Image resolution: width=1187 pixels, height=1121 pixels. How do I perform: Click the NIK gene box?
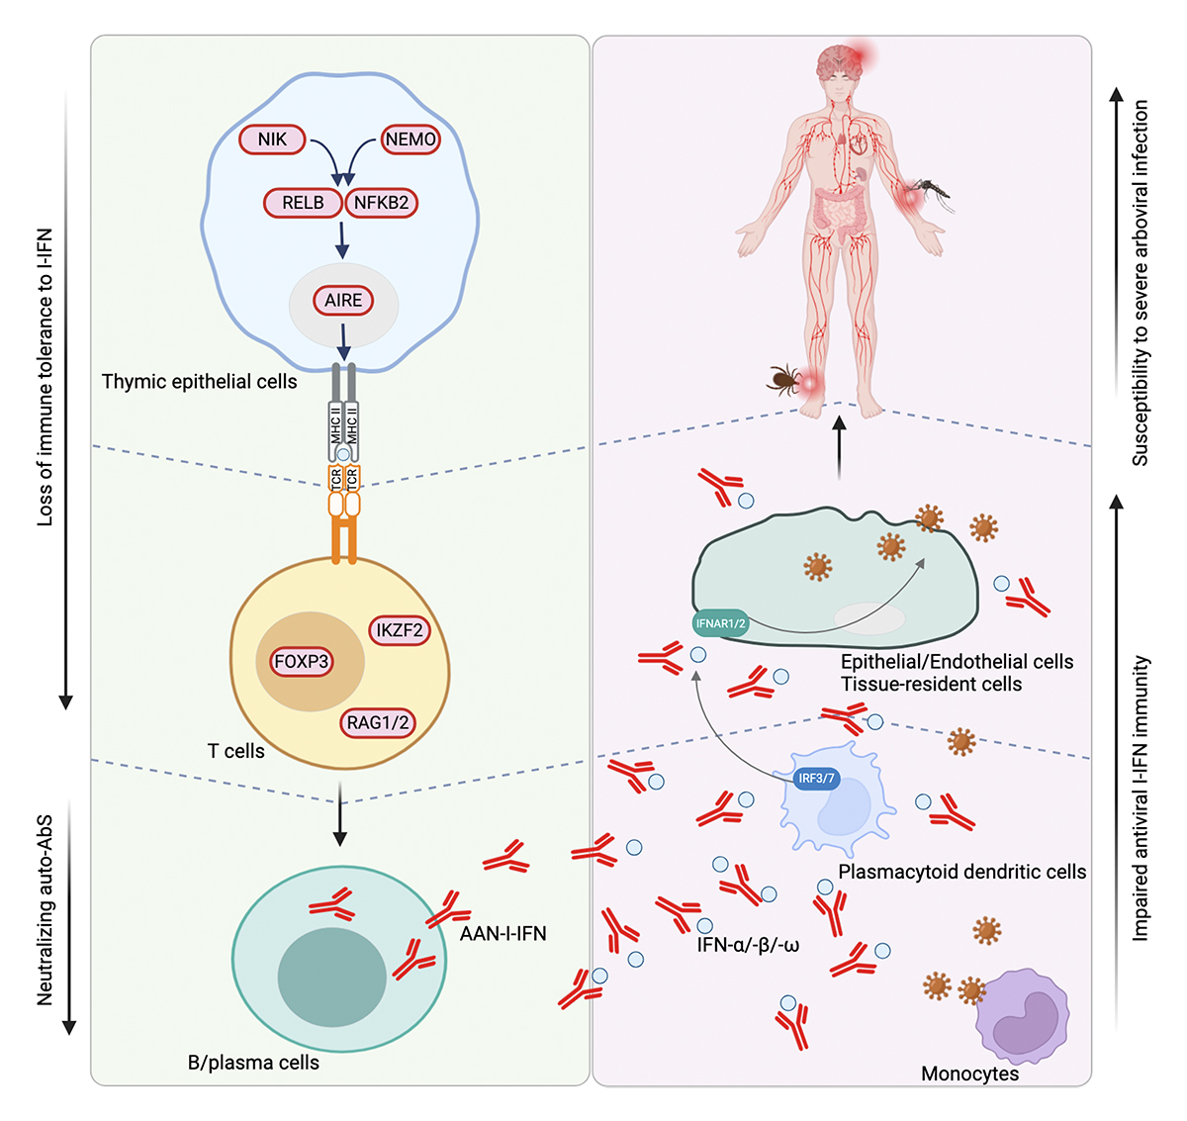pos(272,140)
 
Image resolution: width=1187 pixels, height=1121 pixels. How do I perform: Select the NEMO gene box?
pos(411,140)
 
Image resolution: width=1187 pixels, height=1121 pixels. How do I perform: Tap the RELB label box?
pos(303,203)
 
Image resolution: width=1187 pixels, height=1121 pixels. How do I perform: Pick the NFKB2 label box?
pos(381,203)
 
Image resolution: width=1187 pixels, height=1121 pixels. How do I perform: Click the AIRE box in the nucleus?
pos(343,300)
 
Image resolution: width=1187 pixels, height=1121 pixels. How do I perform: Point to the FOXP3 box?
pos(302,662)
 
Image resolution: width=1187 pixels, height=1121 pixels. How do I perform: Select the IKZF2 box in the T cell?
pos(400,630)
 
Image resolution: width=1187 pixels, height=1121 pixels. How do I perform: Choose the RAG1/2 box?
pos(378,723)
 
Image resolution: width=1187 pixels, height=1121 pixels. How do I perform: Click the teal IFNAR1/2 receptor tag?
pos(720,623)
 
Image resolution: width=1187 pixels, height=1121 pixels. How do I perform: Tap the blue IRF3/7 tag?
pos(817,778)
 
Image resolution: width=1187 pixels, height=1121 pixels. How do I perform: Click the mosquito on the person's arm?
pos(930,190)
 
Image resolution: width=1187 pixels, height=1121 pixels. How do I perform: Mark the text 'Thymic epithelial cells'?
pos(199,382)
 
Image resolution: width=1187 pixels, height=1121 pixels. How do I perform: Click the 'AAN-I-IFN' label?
pos(502,933)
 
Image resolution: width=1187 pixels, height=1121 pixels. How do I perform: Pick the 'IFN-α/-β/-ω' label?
pos(748,945)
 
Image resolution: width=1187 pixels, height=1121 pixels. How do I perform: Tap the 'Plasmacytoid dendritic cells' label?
pos(961,872)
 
